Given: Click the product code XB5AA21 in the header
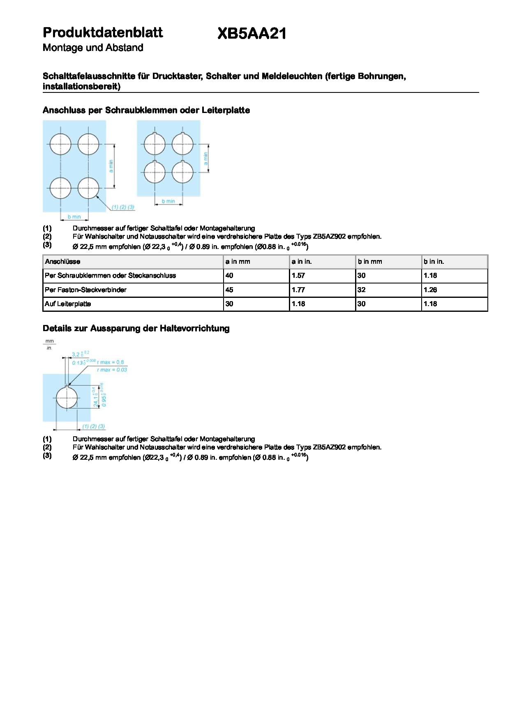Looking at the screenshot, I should [x=252, y=34].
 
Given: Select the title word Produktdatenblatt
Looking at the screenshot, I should [x=103, y=32].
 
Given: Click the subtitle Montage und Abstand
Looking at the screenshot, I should [x=93, y=48].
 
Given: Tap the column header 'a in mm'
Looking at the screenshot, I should [x=238, y=262].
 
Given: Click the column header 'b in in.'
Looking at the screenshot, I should [x=434, y=262].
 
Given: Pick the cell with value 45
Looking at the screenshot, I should [x=229, y=290].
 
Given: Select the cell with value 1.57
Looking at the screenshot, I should [x=298, y=276].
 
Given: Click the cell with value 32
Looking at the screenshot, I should [x=361, y=290].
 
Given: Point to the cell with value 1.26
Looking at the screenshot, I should [x=430, y=290].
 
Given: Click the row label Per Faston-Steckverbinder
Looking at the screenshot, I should [x=85, y=290].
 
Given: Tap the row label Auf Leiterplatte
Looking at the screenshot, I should [x=68, y=304].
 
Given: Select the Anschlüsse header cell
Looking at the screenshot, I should [x=62, y=262].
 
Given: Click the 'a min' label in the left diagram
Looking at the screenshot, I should [x=111, y=166].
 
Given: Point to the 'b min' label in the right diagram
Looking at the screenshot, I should [x=168, y=201].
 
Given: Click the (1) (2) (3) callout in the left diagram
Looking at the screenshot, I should [x=123, y=207].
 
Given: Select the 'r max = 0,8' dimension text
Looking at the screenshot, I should [x=110, y=362].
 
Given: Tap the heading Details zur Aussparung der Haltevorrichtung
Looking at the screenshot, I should [x=136, y=328].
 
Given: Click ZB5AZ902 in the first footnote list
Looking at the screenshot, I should [x=329, y=237].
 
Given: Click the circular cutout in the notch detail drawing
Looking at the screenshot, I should [x=67, y=398].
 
